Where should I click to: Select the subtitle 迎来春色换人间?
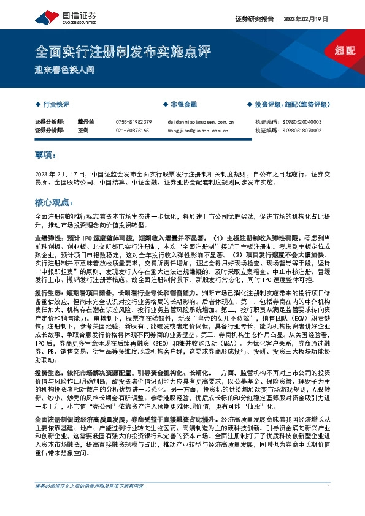[64, 69]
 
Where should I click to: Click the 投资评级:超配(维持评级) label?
[291, 105]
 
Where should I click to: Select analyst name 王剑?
[83, 131]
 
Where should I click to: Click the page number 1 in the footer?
[329, 504]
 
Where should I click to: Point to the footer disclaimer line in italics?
[92, 504]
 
